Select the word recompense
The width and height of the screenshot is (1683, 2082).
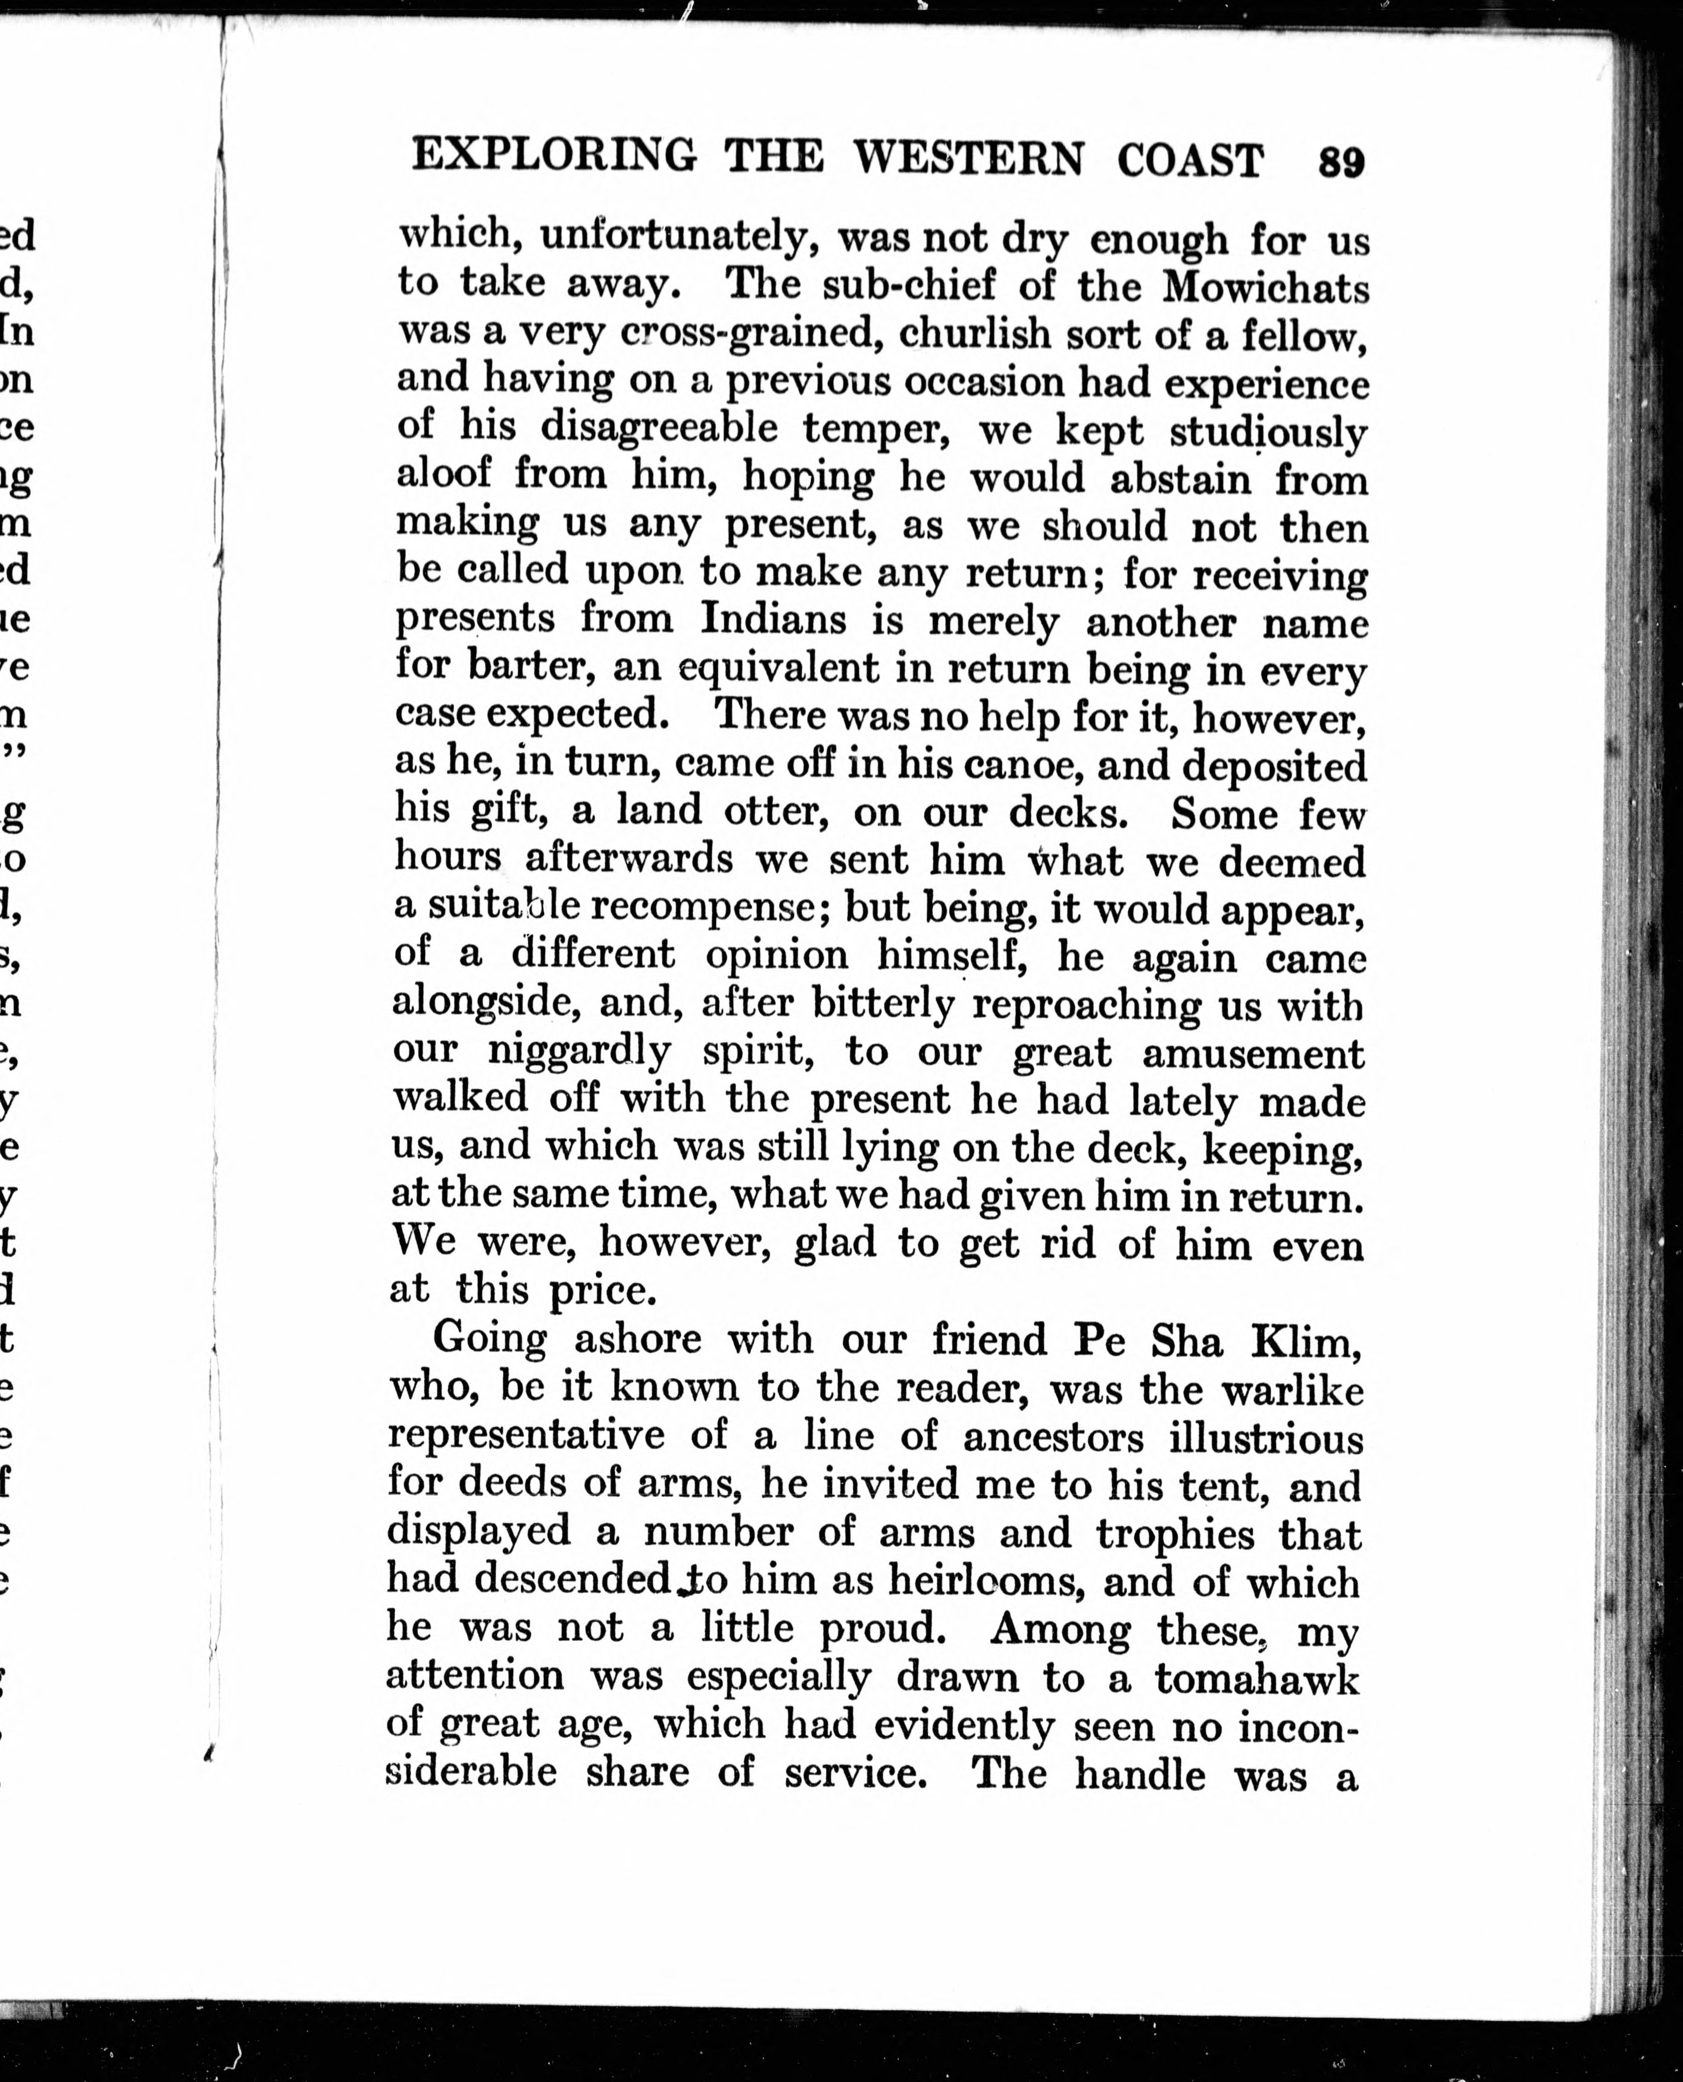coord(701,906)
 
